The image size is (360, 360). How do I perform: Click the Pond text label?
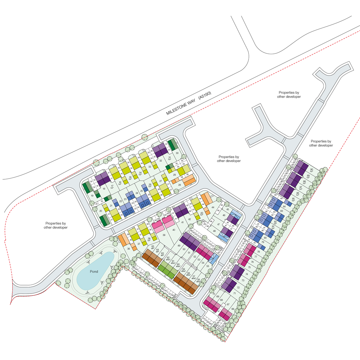(x=93, y=271)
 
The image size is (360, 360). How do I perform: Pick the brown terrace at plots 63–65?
(x=151, y=258)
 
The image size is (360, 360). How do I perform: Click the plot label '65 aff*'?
(x=153, y=248)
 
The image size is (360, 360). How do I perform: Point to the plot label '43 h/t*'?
(x=202, y=214)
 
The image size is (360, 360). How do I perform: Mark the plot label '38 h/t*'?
(x=150, y=240)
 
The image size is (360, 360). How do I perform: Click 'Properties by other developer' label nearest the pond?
(x=56, y=225)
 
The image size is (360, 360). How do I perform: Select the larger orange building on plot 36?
(x=123, y=239)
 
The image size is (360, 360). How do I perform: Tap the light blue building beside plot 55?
(x=213, y=259)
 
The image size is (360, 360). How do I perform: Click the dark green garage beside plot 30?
(x=171, y=145)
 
